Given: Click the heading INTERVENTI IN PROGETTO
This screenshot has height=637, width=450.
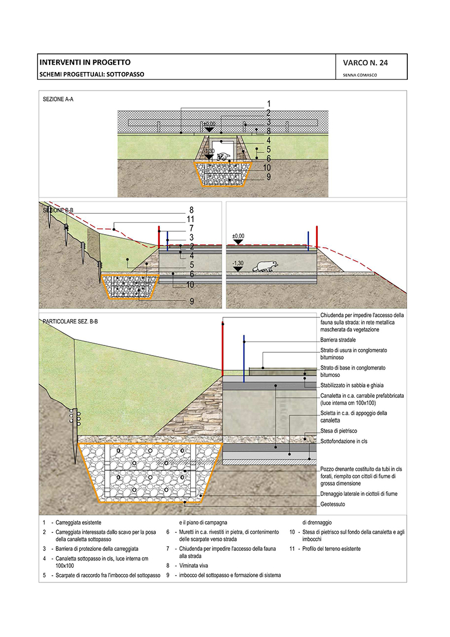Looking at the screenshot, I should [84, 62].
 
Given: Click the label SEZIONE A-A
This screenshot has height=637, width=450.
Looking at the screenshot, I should [58, 100].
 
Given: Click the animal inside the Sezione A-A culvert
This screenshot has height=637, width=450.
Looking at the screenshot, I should [223, 157].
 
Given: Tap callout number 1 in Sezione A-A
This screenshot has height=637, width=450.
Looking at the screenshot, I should [269, 104].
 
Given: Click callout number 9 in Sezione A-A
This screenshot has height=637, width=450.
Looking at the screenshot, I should [269, 176].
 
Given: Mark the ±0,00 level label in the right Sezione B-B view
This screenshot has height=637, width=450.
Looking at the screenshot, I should [238, 236].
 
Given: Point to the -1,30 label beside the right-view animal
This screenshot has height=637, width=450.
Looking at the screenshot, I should [238, 263].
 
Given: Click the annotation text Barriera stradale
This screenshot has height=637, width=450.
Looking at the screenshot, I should [338, 340].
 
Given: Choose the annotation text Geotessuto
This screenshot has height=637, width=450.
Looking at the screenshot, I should [332, 504].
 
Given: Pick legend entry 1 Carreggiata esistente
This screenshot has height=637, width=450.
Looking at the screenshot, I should [83, 523].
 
